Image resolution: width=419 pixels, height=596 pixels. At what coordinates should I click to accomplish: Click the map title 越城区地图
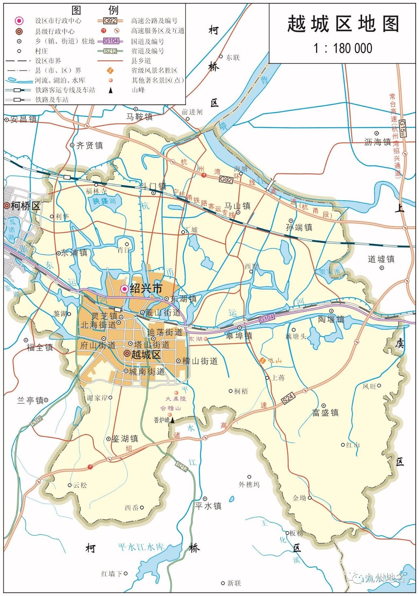(343, 24)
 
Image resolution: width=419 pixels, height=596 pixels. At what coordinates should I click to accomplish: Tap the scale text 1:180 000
(343, 48)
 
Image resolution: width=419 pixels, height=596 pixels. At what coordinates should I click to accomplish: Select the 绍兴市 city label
(146, 289)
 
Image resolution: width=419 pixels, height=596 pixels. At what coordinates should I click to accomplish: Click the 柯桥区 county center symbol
(7, 206)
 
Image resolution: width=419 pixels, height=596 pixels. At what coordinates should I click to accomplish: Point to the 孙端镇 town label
(299, 227)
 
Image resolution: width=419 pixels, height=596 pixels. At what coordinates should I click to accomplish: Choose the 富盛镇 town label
(325, 412)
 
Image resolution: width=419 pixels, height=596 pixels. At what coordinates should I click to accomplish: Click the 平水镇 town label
(209, 506)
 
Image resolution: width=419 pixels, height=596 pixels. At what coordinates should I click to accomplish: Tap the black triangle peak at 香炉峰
(172, 420)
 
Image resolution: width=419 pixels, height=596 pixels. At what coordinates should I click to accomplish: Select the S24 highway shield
(288, 398)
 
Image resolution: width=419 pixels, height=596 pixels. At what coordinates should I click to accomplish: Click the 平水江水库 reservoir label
(141, 547)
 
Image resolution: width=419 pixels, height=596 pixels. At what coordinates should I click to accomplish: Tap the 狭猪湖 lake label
(104, 201)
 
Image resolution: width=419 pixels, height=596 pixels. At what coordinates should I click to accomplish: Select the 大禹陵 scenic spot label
(175, 399)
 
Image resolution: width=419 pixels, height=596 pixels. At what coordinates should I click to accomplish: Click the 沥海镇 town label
(378, 142)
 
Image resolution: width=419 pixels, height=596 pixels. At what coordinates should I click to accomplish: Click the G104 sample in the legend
(111, 41)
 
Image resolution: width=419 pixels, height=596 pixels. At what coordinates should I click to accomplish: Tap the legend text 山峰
(138, 90)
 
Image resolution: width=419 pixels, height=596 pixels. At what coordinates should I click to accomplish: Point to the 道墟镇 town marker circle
(382, 268)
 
